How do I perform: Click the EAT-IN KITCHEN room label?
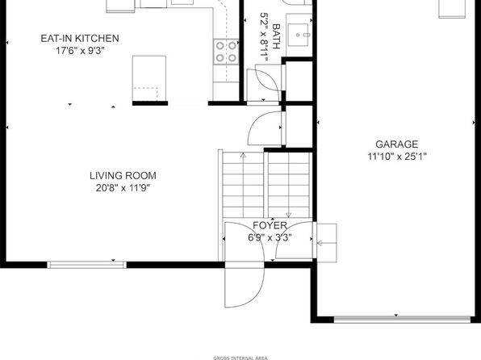pyautogui.click(x=80, y=39)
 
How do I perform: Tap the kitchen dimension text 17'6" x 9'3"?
pyautogui.click(x=80, y=51)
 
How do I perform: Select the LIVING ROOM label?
pyautogui.click(x=123, y=175)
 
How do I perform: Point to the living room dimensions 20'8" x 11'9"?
pyautogui.click(x=123, y=188)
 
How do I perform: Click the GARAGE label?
pyautogui.click(x=396, y=144)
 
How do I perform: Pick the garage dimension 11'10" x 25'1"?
pyautogui.click(x=397, y=157)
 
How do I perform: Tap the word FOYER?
pyautogui.click(x=270, y=225)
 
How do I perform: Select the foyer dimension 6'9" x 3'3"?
pyautogui.click(x=270, y=237)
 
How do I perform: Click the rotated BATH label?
pyautogui.click(x=276, y=36)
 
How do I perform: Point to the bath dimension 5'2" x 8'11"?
pyautogui.click(x=264, y=35)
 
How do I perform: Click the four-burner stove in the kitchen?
pyautogui.click(x=226, y=52)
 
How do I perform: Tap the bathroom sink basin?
pyautogui.click(x=298, y=35)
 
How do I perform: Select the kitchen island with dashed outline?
pyautogui.click(x=149, y=78)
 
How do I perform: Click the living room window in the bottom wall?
pyautogui.click(x=86, y=265)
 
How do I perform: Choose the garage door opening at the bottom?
pyautogui.click(x=402, y=320)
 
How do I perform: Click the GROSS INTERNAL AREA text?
pyautogui.click(x=240, y=358)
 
